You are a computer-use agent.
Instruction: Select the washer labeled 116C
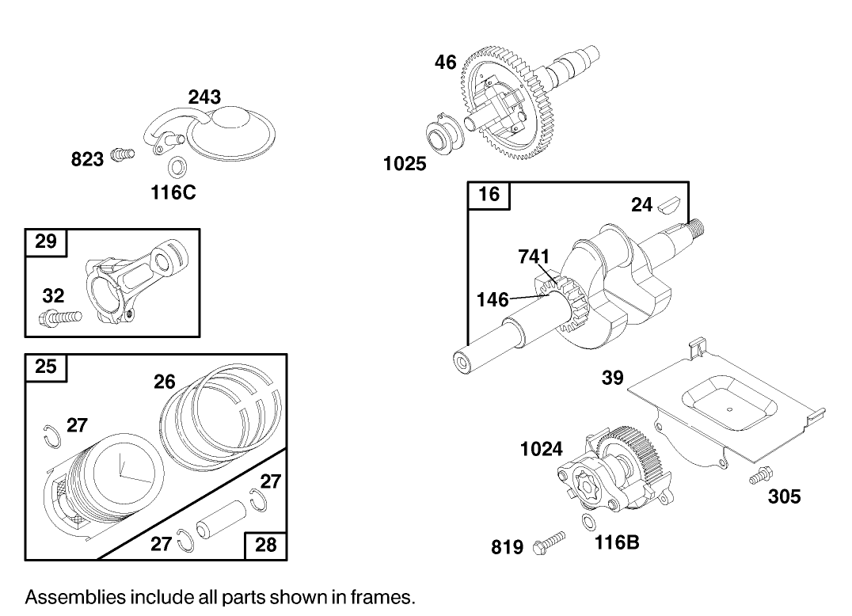177,167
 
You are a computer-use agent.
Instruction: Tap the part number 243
204,97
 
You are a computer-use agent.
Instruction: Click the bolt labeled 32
59,319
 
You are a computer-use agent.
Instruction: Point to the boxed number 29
47,241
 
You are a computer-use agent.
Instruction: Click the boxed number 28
266,546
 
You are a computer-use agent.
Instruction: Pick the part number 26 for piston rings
165,382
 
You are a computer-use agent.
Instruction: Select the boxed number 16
489,194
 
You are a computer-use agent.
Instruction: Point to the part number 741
534,257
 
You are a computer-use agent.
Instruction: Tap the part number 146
493,300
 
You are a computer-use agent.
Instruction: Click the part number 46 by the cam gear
446,62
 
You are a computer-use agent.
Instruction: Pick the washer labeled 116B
588,522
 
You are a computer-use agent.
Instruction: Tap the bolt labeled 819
551,543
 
